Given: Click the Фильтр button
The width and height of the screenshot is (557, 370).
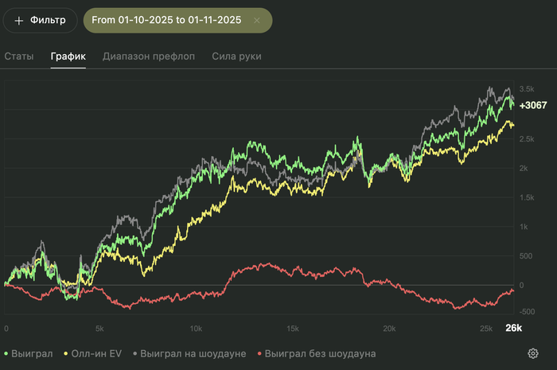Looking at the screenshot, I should pyautogui.click(x=40, y=20).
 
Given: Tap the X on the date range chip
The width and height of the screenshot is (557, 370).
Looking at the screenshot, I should pyautogui.click(x=256, y=20).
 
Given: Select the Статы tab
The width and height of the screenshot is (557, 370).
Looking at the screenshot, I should pyautogui.click(x=19, y=56).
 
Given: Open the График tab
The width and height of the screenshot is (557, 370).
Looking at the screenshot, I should pyautogui.click(x=68, y=56).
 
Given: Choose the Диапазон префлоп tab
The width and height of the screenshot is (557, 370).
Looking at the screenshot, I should pyautogui.click(x=149, y=56).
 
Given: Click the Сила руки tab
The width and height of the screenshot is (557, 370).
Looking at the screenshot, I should pyautogui.click(x=236, y=56).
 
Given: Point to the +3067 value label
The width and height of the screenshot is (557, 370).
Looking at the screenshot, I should pyautogui.click(x=532, y=105).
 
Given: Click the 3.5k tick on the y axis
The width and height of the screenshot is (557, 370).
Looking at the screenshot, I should pyautogui.click(x=526, y=88).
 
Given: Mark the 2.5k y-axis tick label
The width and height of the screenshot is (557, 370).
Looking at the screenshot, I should pyautogui.click(x=526, y=139).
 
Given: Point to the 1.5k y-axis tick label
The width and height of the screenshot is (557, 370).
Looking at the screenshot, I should pyautogui.click(x=526, y=197).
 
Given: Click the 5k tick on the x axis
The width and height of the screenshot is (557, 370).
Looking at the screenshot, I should pyautogui.click(x=99, y=328).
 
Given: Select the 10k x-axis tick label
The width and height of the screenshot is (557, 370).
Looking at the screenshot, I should pyautogui.click(x=196, y=328).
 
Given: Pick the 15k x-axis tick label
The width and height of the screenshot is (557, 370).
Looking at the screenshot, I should pyautogui.click(x=292, y=328).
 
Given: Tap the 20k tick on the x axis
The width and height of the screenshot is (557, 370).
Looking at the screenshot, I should pyautogui.click(x=388, y=328).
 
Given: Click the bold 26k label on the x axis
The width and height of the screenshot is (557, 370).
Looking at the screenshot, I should pyautogui.click(x=513, y=328).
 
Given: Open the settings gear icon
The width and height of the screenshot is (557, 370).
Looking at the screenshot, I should pyautogui.click(x=532, y=353).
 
